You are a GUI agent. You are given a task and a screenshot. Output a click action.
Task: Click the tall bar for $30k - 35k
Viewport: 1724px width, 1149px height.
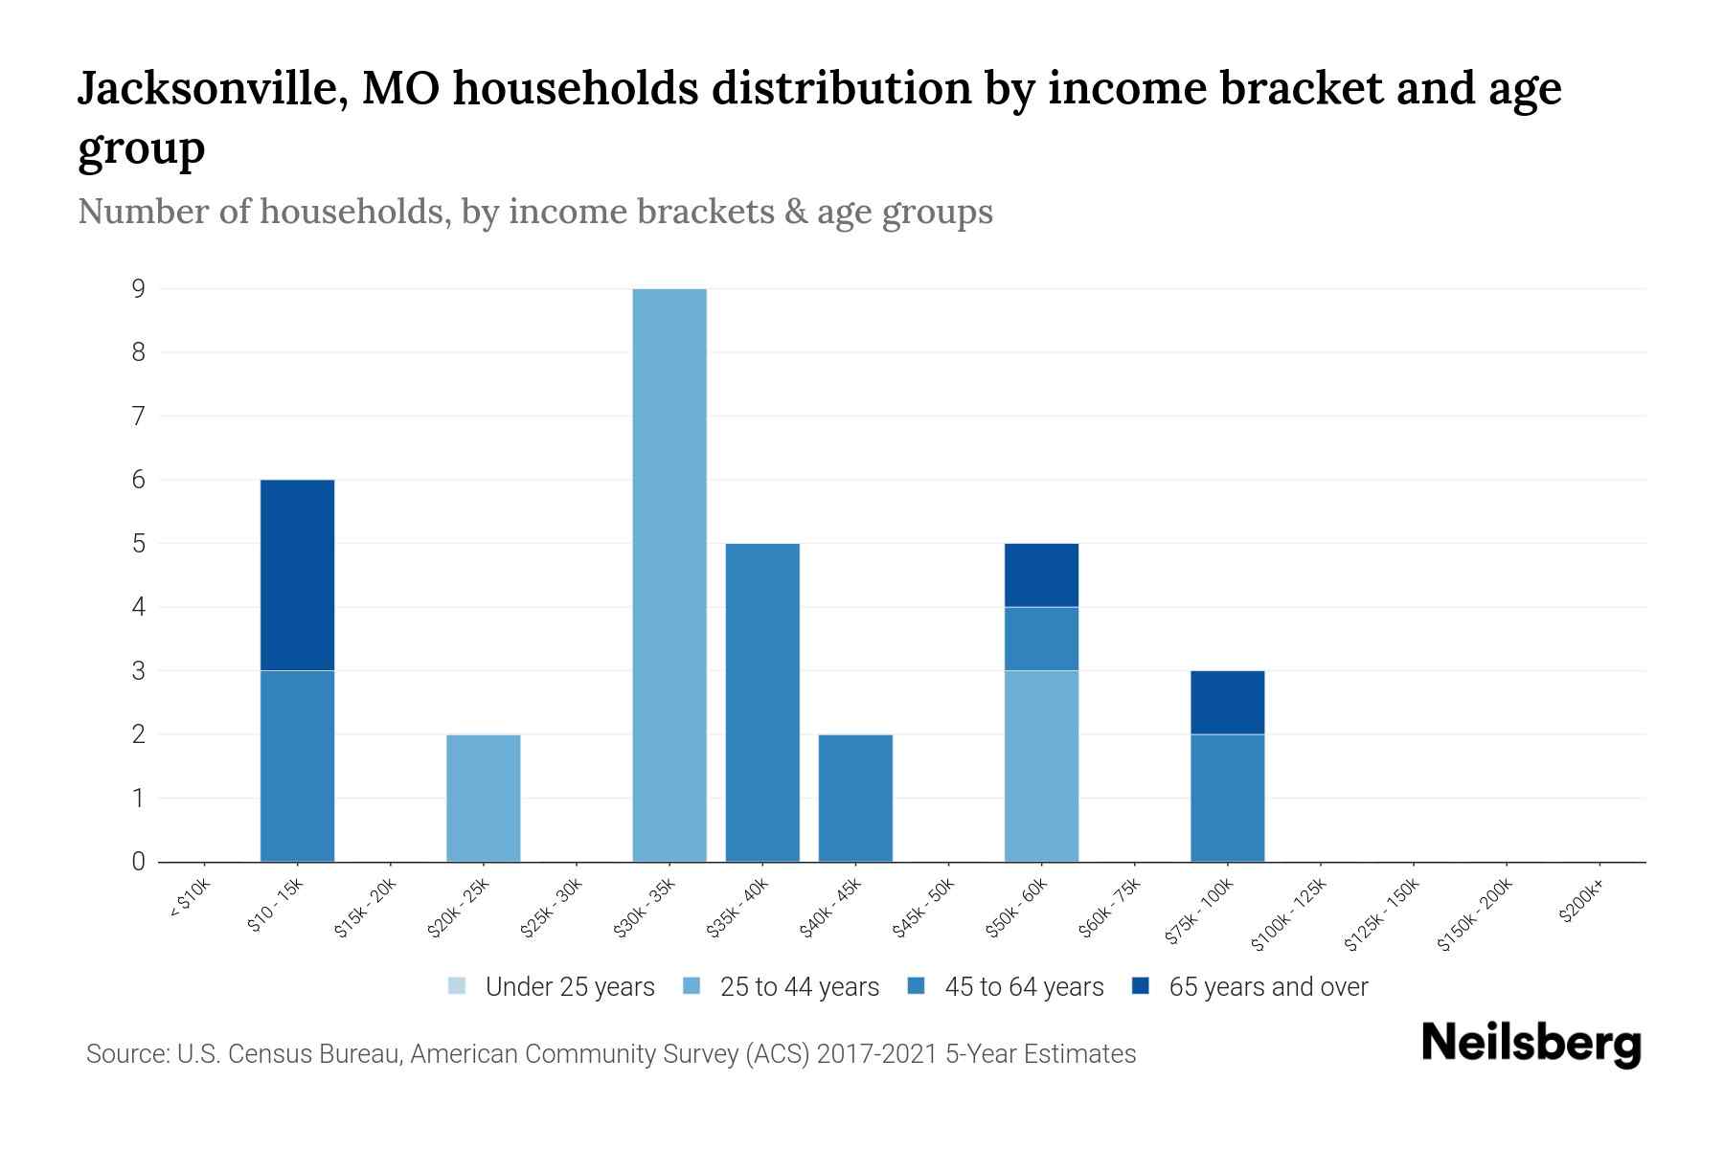[669, 574]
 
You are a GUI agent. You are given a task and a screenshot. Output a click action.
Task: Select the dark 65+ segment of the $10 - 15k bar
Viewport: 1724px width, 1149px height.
[297, 574]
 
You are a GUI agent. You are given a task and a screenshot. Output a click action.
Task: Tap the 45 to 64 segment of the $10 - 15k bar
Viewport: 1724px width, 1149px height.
[297, 766]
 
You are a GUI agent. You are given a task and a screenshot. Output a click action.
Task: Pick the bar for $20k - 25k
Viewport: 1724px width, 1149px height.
[484, 798]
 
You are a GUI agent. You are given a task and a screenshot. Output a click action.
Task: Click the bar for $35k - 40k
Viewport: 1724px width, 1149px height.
[762, 702]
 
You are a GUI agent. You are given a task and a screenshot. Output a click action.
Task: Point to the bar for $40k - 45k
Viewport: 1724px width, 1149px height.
[855, 798]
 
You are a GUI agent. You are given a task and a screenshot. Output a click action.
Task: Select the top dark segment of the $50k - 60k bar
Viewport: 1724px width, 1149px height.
[1041, 574]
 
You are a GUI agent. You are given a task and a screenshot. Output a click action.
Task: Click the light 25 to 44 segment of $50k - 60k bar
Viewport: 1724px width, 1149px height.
[1041, 766]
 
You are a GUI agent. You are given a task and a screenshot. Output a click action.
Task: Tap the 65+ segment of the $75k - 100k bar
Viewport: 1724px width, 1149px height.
[1227, 702]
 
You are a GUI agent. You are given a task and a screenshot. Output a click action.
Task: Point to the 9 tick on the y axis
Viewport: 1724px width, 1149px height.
[139, 288]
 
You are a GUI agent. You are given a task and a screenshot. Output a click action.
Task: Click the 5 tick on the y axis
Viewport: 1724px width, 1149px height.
[139, 544]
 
